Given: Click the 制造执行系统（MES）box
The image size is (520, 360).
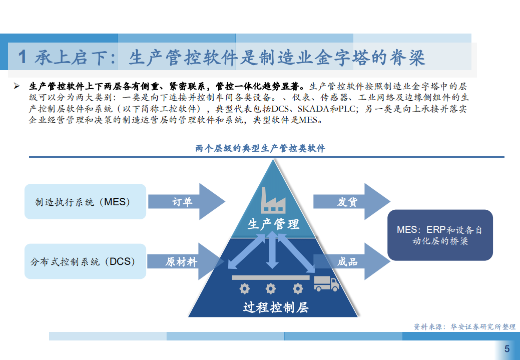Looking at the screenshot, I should tap(85, 202).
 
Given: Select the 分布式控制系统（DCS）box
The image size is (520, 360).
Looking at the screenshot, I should tap(85, 261).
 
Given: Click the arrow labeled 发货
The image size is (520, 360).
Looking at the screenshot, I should tap(350, 202).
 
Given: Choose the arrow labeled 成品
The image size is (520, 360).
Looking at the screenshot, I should tap(350, 261).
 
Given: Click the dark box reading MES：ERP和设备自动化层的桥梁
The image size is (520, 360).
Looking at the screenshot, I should tap(440, 235).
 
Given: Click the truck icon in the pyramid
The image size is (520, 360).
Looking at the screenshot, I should tap(326, 284).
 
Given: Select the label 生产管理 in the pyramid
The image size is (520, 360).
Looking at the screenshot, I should tap(273, 224).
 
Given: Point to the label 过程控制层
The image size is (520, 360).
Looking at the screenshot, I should tap(275, 307).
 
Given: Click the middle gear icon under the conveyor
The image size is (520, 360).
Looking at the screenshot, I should tap(271, 288).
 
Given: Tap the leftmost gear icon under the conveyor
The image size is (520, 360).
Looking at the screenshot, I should tap(244, 288).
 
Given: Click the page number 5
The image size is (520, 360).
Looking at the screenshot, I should tap(507, 349).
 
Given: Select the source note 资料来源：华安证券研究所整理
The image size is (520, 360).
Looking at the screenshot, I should tap(464, 326).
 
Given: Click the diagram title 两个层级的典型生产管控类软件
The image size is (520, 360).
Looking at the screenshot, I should tap(260, 149).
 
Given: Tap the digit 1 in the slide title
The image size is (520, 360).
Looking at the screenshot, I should tap(22, 58).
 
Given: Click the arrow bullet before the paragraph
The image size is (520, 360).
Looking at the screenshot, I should tap(17, 86).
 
